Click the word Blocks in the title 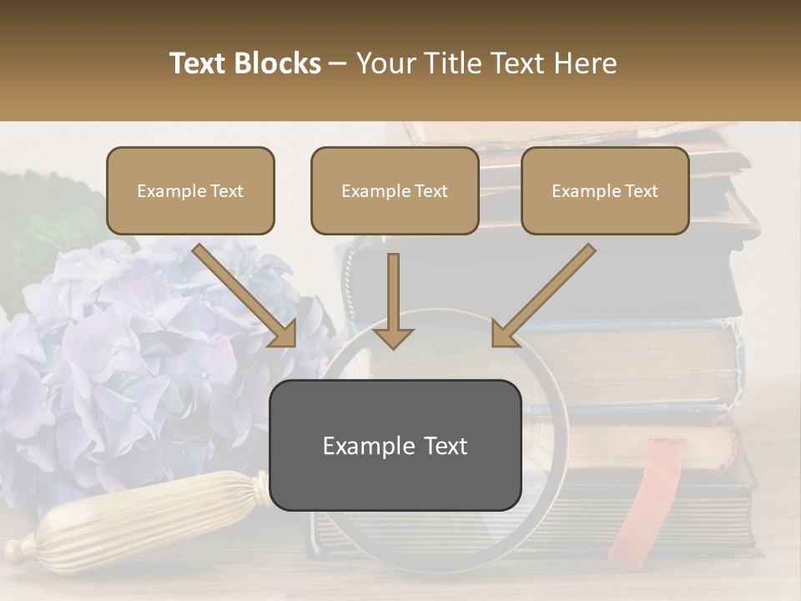(x=278, y=63)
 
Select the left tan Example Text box (x=190, y=191)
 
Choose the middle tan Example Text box (x=395, y=191)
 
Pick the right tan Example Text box (x=605, y=191)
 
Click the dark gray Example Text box (x=395, y=446)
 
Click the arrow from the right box (x=542, y=295)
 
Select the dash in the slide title (x=338, y=63)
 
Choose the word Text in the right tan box (x=641, y=191)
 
